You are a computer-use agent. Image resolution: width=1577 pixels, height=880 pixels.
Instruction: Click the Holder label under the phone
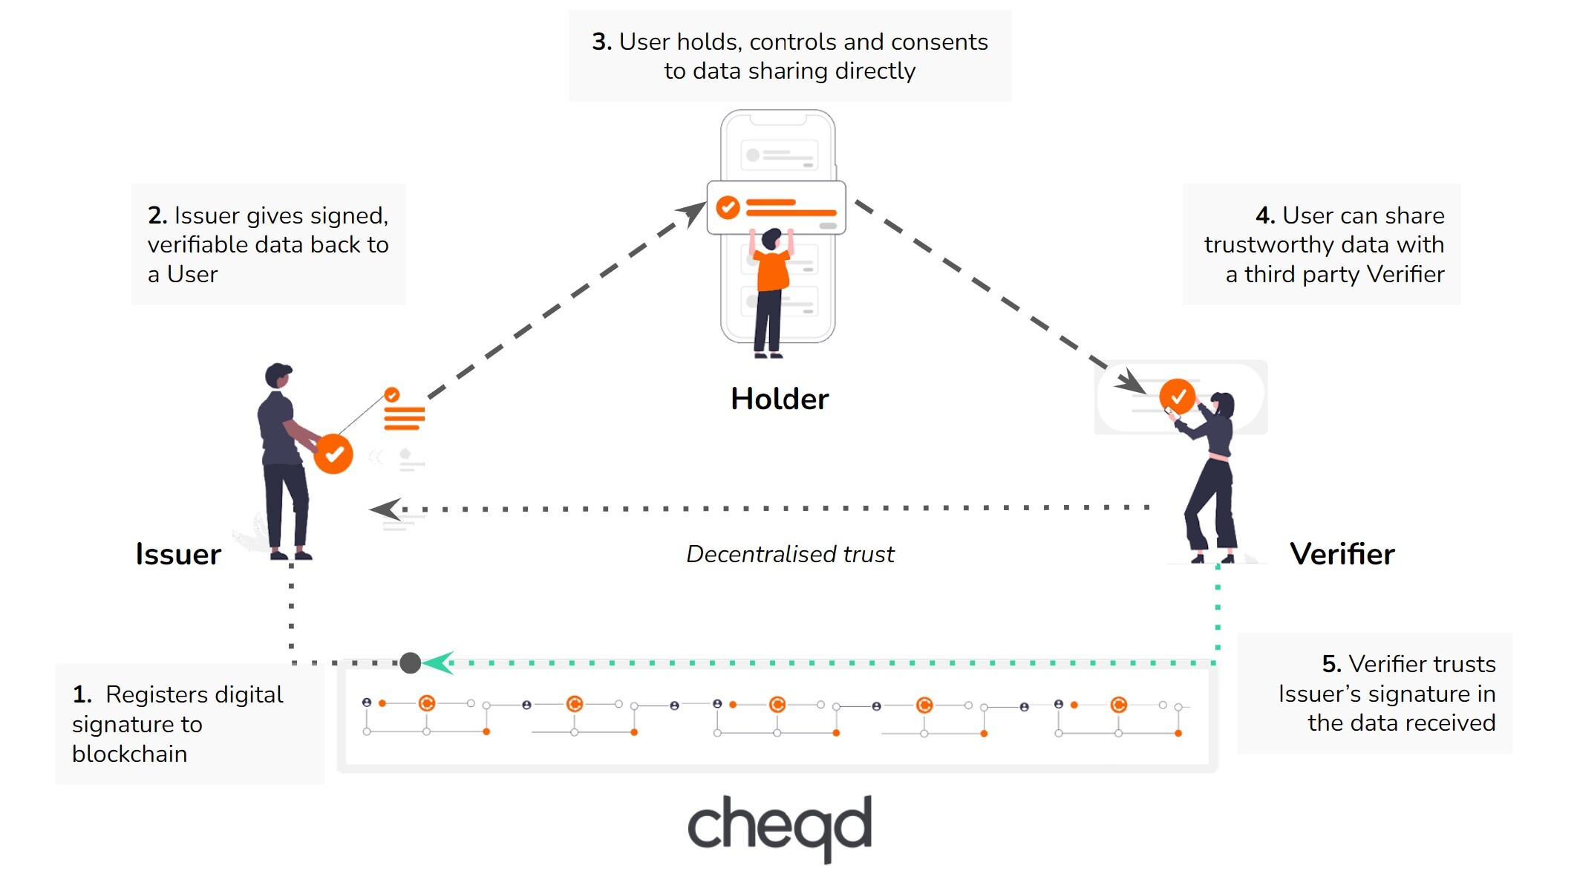[x=779, y=399]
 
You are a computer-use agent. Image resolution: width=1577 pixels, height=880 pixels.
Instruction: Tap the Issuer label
[x=178, y=555]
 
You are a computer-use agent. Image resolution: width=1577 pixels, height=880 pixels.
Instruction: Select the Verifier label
[x=1342, y=554]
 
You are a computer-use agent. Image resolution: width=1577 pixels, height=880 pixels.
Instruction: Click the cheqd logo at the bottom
[x=780, y=827]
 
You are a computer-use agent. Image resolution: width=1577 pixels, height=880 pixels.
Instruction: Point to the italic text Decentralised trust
[x=790, y=554]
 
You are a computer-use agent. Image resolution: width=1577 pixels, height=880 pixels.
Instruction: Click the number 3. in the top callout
[x=601, y=42]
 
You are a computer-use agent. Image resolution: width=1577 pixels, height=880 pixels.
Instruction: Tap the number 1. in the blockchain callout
[x=82, y=695]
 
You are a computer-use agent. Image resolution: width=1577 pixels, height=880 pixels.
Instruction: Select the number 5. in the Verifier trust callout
[x=1331, y=664]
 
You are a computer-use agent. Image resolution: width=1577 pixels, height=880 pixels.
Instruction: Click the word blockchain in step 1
[x=130, y=754]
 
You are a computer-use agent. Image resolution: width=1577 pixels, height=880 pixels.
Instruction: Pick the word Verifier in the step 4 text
[x=1405, y=275]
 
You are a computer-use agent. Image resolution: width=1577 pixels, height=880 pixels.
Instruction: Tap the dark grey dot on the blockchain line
[x=411, y=662]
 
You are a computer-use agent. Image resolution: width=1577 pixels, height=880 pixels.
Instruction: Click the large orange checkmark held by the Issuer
[x=333, y=454]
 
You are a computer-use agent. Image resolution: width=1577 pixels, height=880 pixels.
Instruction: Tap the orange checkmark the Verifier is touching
[x=1177, y=396]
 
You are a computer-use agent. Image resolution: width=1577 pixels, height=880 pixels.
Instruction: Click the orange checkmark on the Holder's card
[x=728, y=207]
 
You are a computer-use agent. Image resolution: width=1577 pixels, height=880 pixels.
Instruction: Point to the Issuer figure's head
[x=278, y=375]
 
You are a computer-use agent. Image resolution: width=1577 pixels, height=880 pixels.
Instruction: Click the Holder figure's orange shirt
[x=773, y=271]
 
